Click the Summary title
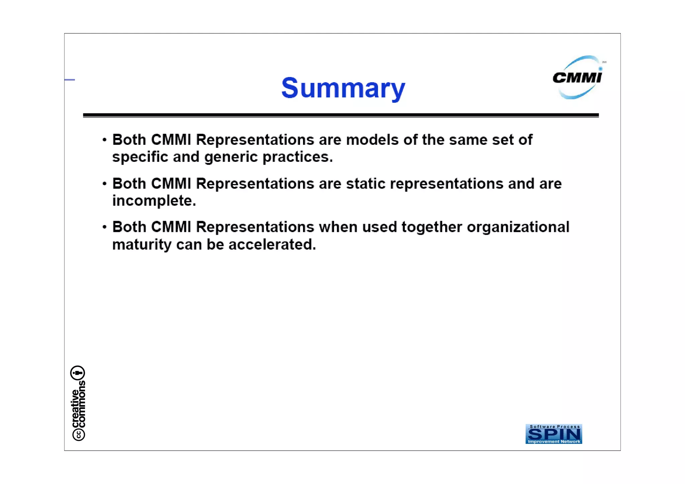click(x=343, y=88)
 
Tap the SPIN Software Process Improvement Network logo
click(x=554, y=434)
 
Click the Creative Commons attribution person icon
click(x=78, y=373)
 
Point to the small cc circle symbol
click(x=79, y=434)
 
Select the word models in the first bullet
click(x=372, y=140)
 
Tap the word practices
click(x=297, y=157)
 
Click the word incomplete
click(x=154, y=201)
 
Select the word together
click(x=431, y=227)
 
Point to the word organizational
click(x=518, y=227)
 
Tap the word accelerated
click(x=272, y=245)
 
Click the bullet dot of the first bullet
click(x=105, y=140)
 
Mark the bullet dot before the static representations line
click(x=105, y=184)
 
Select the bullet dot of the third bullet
click(x=105, y=227)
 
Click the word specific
click(x=140, y=157)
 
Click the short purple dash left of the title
click(x=70, y=80)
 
